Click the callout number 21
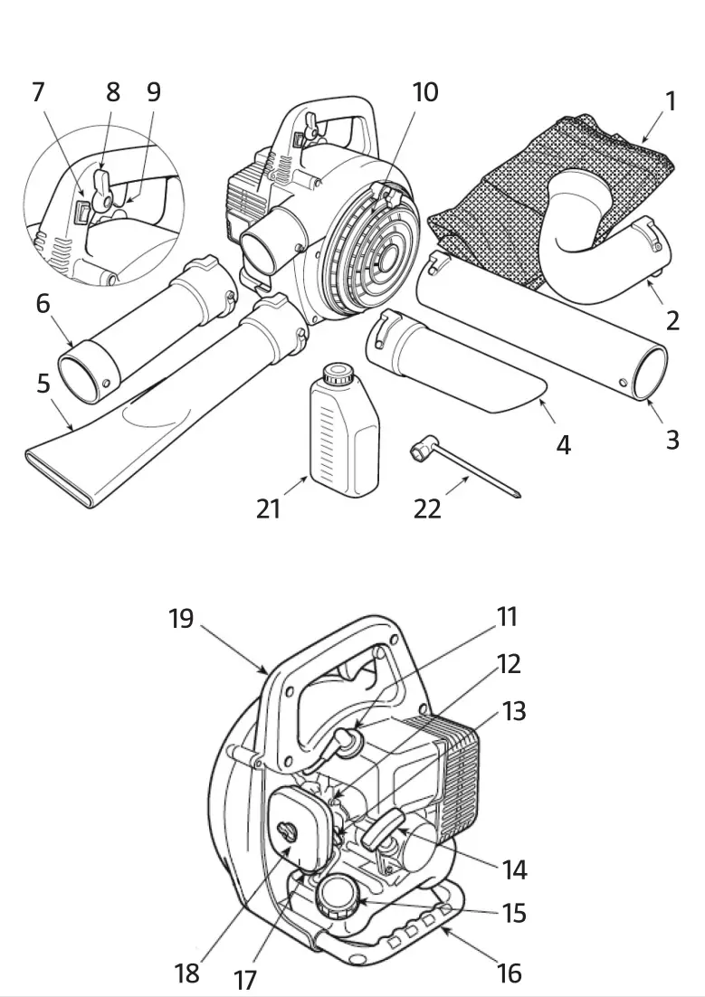268,508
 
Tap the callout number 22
427,508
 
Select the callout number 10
424,92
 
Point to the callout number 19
181,620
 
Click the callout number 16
510,973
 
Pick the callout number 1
670,100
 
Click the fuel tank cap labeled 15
337,896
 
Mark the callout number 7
38,92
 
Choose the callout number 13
513,711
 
